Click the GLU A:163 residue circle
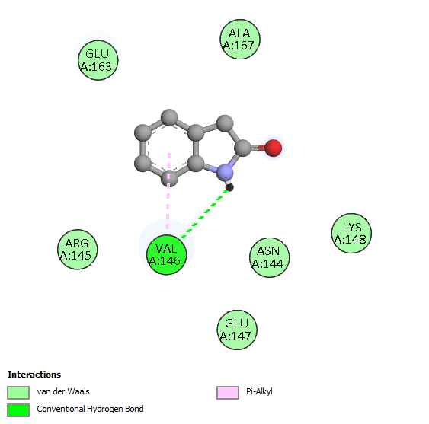pyautogui.click(x=98, y=60)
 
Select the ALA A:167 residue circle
pyautogui.click(x=240, y=39)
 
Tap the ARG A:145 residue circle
pyautogui.click(x=78, y=250)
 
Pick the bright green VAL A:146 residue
pyautogui.click(x=167, y=255)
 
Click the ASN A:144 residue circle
pyautogui.click(x=269, y=257)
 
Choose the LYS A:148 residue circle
pyautogui.click(x=351, y=233)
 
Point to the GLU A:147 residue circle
pyautogui.click(x=237, y=330)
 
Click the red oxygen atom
pyautogui.click(x=273, y=148)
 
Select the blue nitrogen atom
pyautogui.click(x=225, y=173)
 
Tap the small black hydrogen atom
pyautogui.click(x=229, y=187)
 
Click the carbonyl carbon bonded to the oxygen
pyautogui.click(x=243, y=148)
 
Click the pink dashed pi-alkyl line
pyautogui.click(x=168, y=191)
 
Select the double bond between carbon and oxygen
pyautogui.click(x=258, y=148)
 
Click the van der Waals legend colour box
pyautogui.click(x=18, y=393)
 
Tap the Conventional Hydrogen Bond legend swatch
pyautogui.click(x=18, y=410)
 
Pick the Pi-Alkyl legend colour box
pyautogui.click(x=228, y=393)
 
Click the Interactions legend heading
pyautogui.click(x=34, y=375)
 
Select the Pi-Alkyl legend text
pyautogui.click(x=259, y=392)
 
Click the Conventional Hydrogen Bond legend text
pyautogui.click(x=90, y=409)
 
